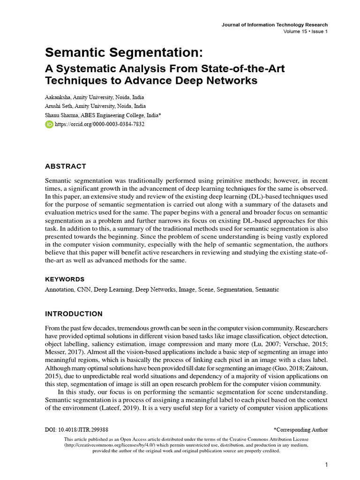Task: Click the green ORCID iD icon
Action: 49,124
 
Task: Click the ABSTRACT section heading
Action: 65,166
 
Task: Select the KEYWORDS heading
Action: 65,279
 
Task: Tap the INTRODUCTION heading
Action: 74,314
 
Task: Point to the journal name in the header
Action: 274,25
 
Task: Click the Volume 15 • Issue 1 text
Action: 305,31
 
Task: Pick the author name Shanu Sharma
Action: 61,115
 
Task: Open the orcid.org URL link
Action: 99,124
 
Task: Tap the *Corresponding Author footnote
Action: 300,429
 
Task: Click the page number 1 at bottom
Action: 326,465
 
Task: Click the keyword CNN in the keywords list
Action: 83,290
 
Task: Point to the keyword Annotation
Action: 59,290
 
